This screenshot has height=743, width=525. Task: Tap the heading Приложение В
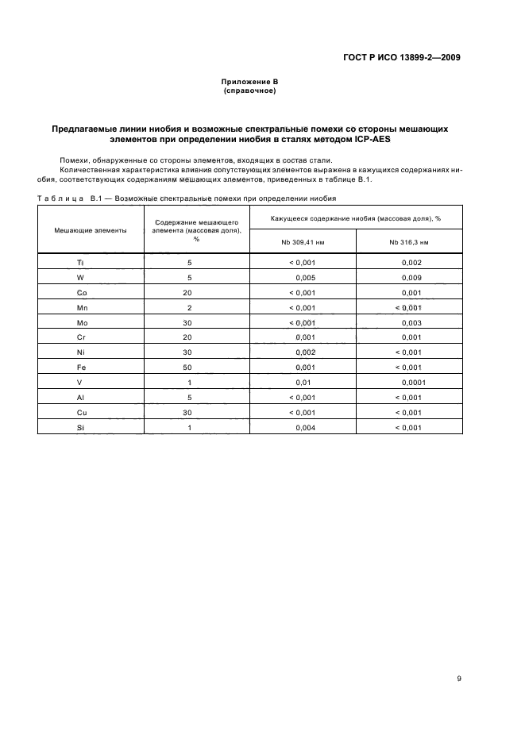pyautogui.click(x=249, y=83)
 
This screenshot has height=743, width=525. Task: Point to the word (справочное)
pyautogui.click(x=249, y=91)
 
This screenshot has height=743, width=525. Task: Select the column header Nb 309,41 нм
pyautogui.click(x=303, y=241)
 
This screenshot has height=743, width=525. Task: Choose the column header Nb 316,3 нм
pyautogui.click(x=409, y=241)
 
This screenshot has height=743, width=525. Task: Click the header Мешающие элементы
pyautogui.click(x=90, y=229)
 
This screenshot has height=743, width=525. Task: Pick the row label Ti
pyautogui.click(x=79, y=262)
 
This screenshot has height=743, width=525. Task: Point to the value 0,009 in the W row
pyautogui.click(x=411, y=277)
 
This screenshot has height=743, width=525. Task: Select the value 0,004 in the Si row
pyautogui.click(x=305, y=428)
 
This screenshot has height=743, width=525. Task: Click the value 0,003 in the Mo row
pyautogui.click(x=411, y=322)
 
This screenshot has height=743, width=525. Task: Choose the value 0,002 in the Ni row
pyautogui.click(x=305, y=352)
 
